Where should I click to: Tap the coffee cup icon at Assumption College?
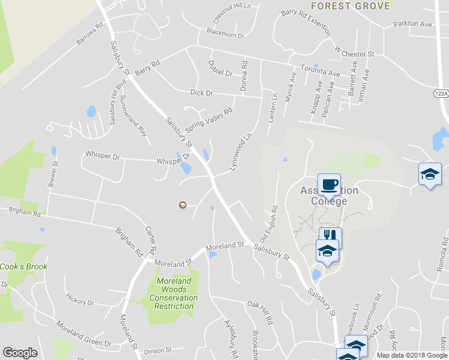[328, 184]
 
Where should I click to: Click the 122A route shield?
[441, 93]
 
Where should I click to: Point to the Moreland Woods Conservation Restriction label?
[173, 293]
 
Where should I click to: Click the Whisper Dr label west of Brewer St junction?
[103, 155]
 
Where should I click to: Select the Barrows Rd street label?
[90, 37]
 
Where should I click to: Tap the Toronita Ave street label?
[321, 71]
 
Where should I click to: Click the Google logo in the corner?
[20, 353]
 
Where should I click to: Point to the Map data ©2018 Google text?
[412, 355]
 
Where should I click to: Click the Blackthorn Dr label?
[225, 34]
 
